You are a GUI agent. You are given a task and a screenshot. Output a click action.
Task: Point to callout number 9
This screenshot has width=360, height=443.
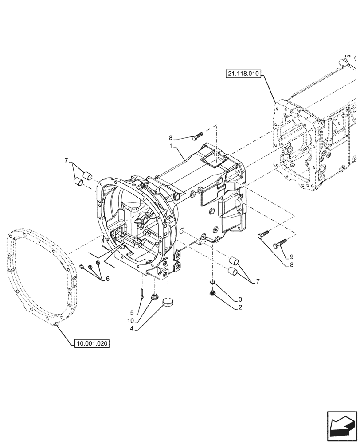pos(292,256)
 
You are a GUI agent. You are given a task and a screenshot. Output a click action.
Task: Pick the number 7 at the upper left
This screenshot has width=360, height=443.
pos(66,160)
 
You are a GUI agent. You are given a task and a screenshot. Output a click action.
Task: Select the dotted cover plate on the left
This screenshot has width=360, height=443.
pos(42,275)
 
